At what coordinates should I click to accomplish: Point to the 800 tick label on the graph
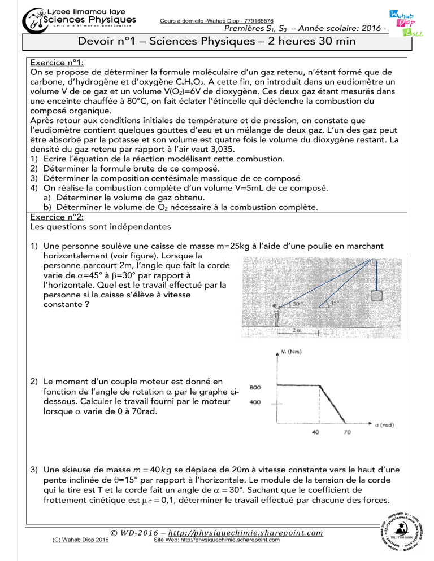(255, 388)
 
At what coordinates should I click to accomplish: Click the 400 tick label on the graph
(255, 402)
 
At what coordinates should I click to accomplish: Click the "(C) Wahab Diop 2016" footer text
(79, 540)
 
